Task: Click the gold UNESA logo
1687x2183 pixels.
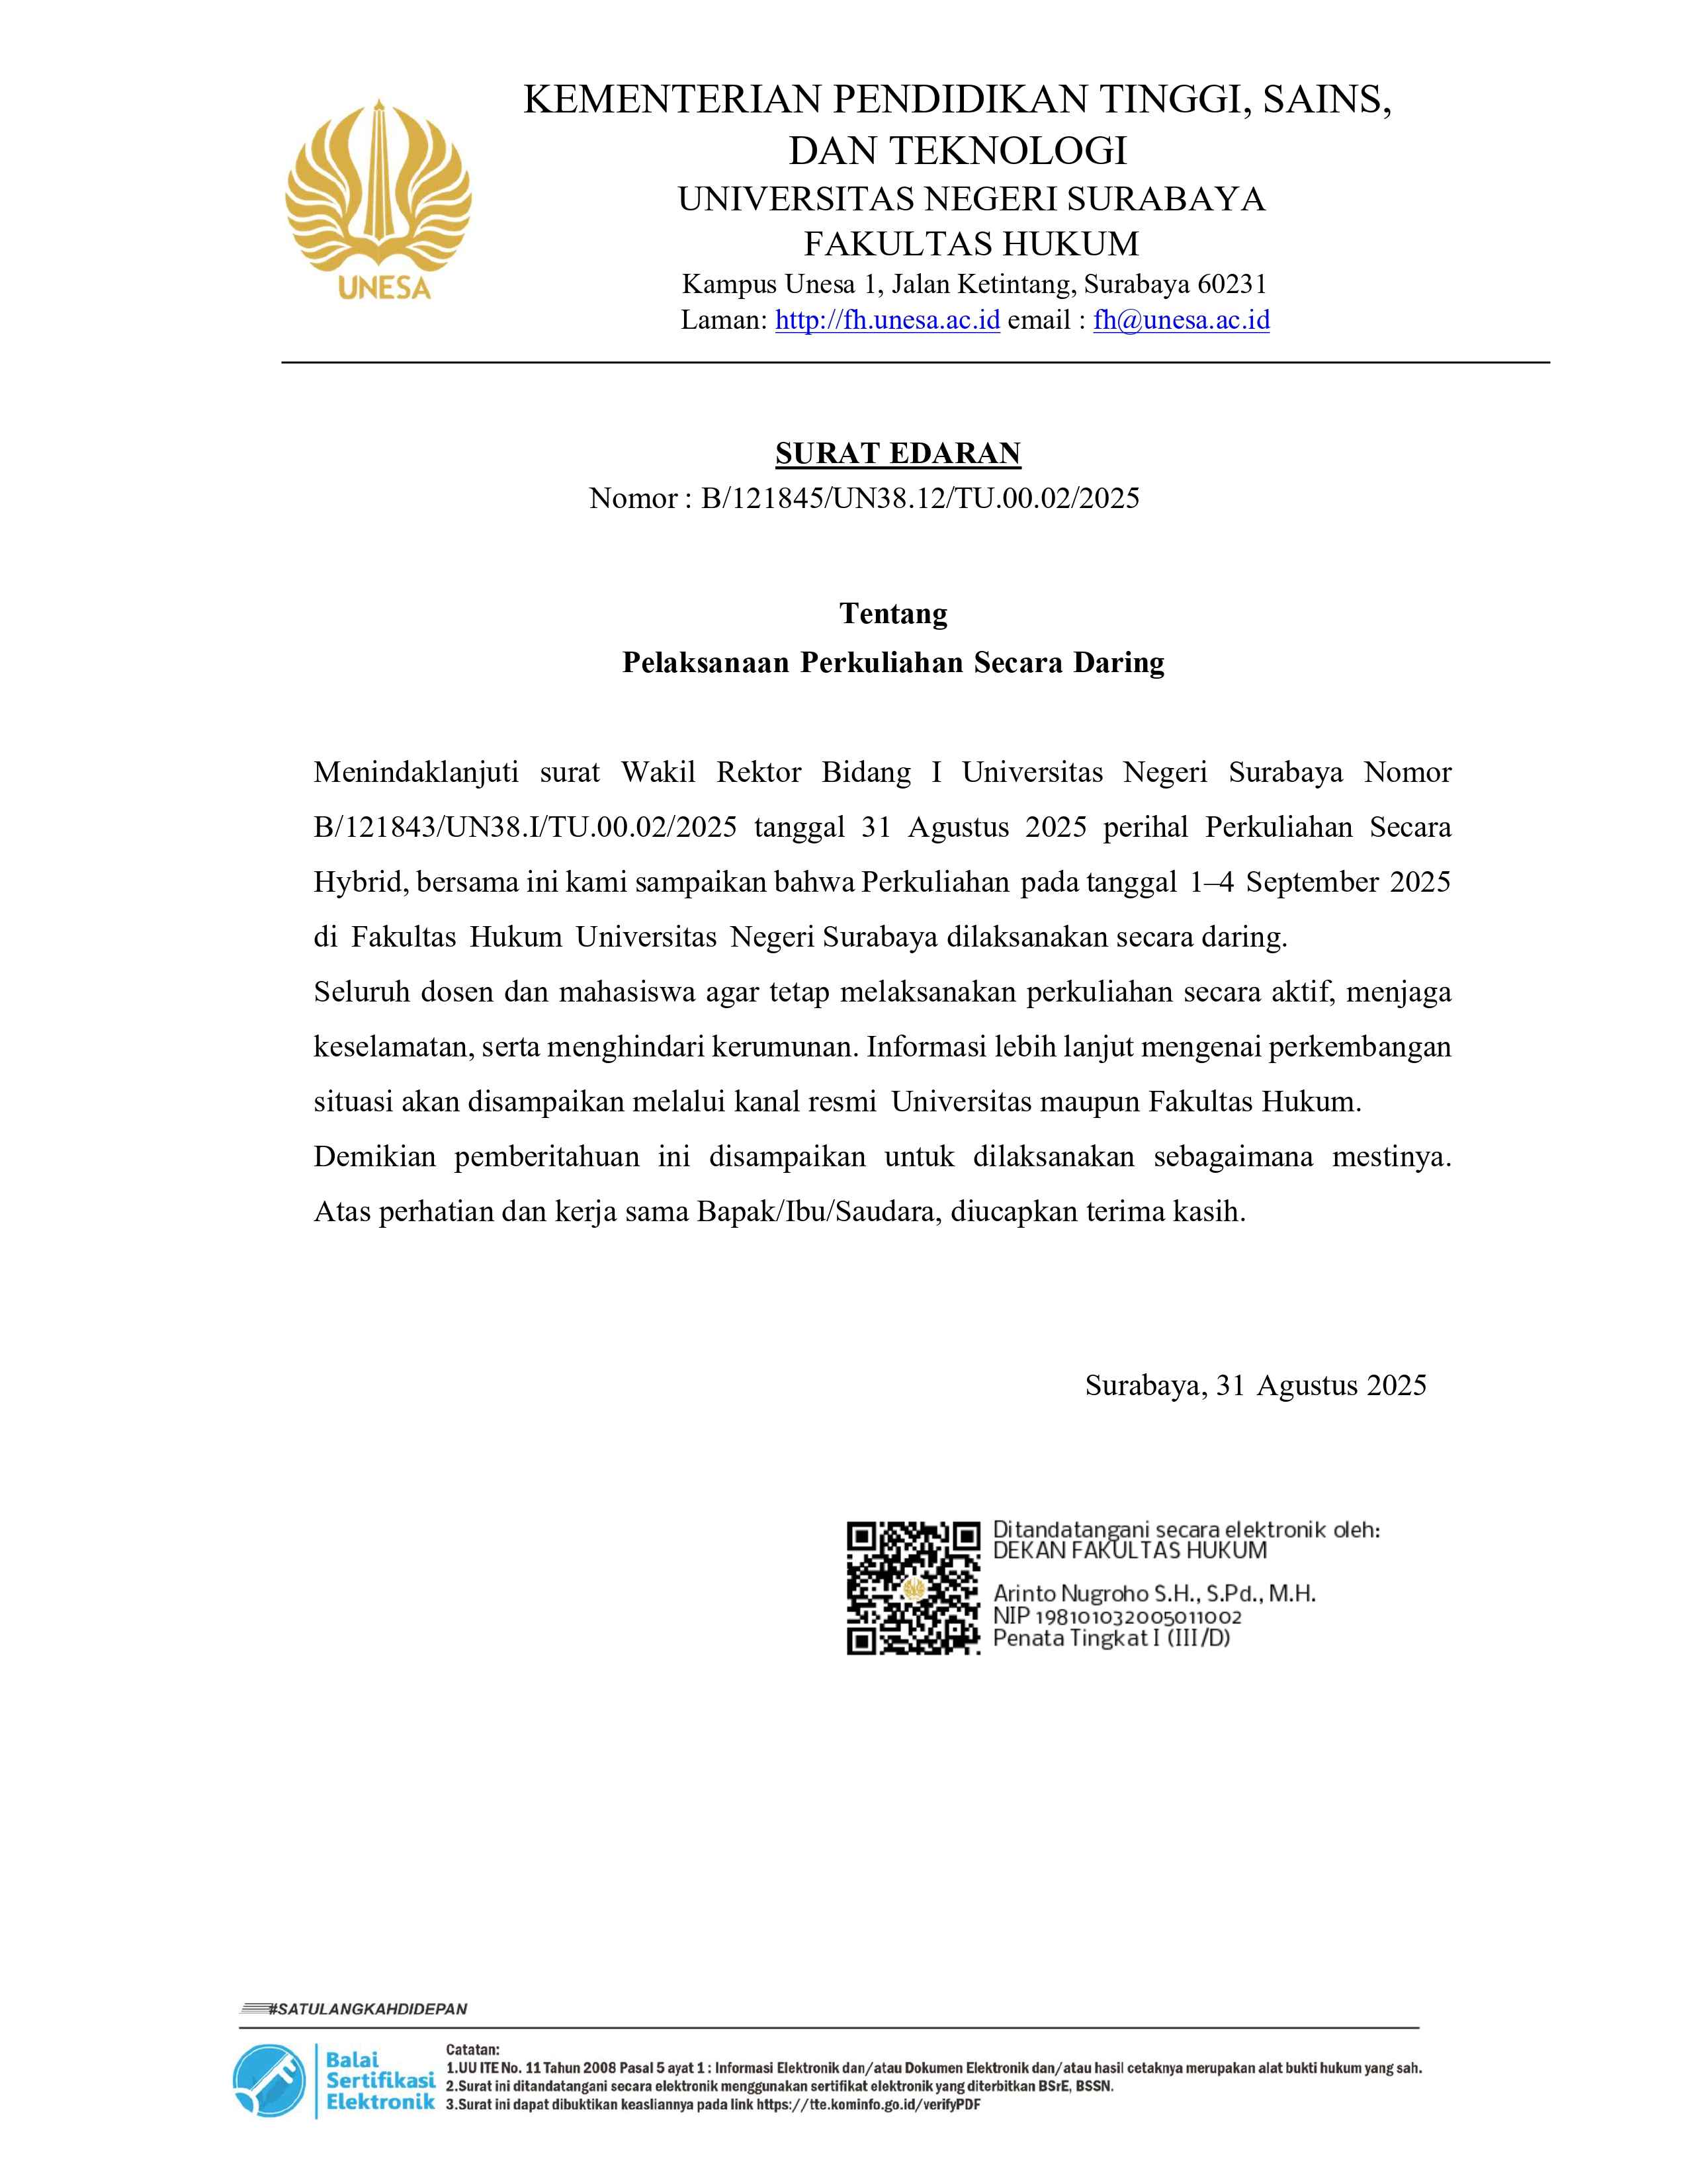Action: pos(378,200)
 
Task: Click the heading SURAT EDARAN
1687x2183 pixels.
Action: pos(898,454)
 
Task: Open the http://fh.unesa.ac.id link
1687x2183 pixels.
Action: pos(887,320)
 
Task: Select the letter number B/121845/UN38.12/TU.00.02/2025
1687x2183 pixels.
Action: pos(920,497)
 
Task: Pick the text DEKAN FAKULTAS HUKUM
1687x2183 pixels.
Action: pos(1129,1551)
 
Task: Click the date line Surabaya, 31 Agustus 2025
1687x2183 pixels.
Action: pos(1255,1385)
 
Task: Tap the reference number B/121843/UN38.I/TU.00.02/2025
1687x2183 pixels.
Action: pos(525,828)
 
